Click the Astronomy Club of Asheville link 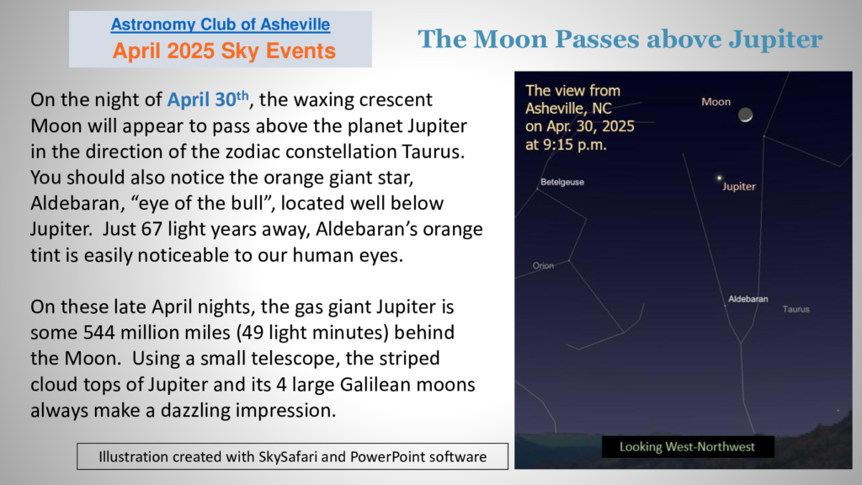pyautogui.click(x=221, y=24)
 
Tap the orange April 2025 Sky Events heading pyautogui.click(x=224, y=51)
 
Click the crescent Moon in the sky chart pyautogui.click(x=746, y=115)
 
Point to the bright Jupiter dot pyautogui.click(x=719, y=178)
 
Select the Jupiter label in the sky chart pyautogui.click(x=739, y=186)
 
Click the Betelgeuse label pyautogui.click(x=561, y=182)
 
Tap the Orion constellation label pyautogui.click(x=543, y=265)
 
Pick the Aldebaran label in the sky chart pyautogui.click(x=748, y=299)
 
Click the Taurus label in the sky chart pyautogui.click(x=796, y=309)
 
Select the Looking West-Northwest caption pyautogui.click(x=687, y=446)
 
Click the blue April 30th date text pyautogui.click(x=208, y=99)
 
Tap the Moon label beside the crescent pyautogui.click(x=716, y=102)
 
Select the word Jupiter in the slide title pyautogui.click(x=775, y=40)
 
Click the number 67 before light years pyautogui.click(x=152, y=229)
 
